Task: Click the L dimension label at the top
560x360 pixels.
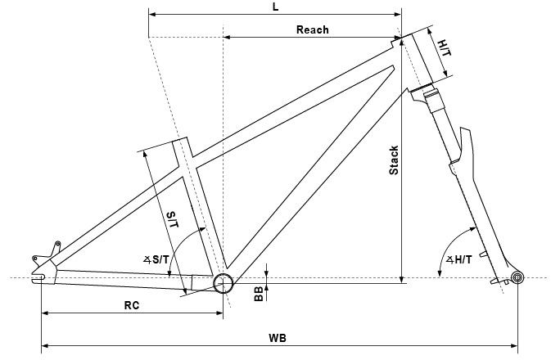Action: [x=275, y=7]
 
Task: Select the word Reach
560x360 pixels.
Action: [x=312, y=29]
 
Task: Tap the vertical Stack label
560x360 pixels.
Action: [x=394, y=160]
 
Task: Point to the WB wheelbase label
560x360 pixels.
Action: [x=277, y=337]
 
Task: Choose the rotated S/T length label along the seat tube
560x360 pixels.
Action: [x=173, y=219]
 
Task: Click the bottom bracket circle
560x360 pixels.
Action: [x=223, y=283]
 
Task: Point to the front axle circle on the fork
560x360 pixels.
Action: [x=517, y=278]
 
